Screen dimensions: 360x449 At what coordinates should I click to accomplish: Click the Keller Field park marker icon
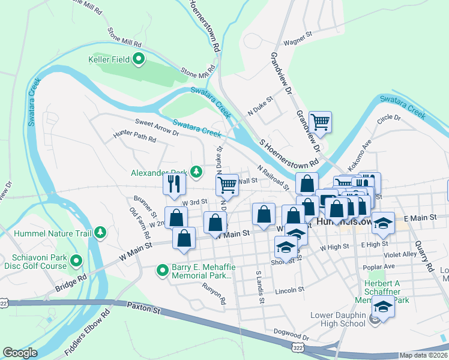pyautogui.click(x=139, y=59)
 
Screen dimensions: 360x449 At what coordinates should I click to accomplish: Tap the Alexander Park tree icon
pyautogui.click(x=196, y=172)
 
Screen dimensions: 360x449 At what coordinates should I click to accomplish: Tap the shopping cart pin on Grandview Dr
pyautogui.click(x=320, y=122)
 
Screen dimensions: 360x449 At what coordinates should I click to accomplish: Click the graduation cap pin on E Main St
pyautogui.click(x=383, y=223)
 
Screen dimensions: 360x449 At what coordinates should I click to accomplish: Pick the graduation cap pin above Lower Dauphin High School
pyautogui.click(x=383, y=305)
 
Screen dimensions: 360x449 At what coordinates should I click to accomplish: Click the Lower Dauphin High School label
pyautogui.click(x=338, y=319)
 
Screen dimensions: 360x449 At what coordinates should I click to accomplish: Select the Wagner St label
pyautogui.click(x=299, y=43)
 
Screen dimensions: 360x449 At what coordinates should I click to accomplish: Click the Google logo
pyautogui.click(x=20, y=353)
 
